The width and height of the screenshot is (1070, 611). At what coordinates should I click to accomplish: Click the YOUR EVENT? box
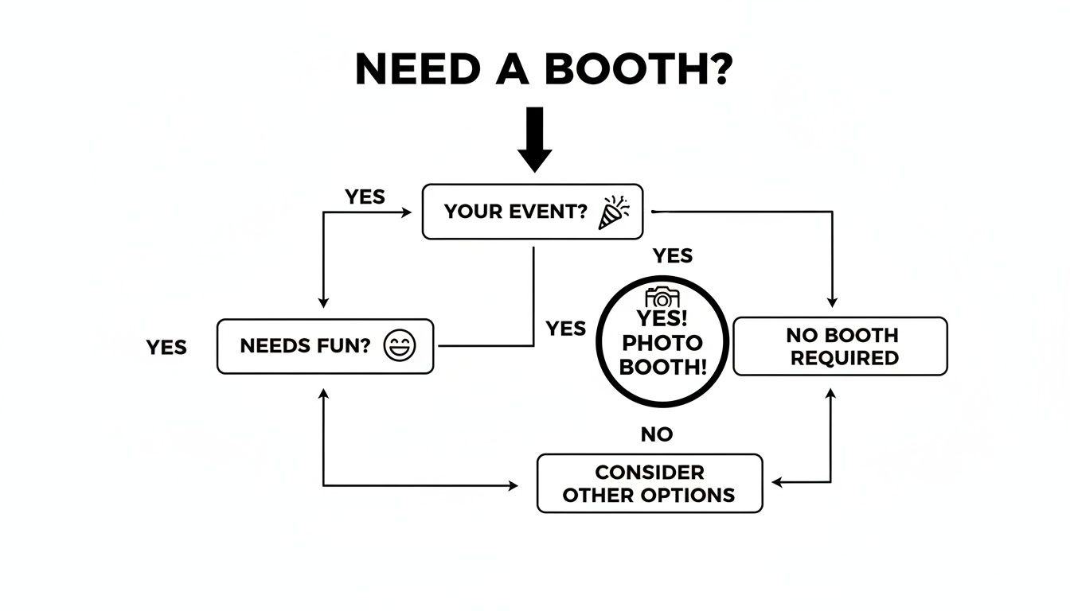[x=532, y=212]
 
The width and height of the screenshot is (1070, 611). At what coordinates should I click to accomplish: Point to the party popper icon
[x=613, y=212]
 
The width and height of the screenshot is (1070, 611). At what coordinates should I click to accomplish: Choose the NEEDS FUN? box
[x=325, y=346]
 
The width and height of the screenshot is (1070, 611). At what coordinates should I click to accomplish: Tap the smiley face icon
[x=400, y=346]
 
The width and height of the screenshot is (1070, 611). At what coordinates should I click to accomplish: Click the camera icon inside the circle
[x=662, y=298]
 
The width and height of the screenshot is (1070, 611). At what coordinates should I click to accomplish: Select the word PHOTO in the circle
[x=662, y=344]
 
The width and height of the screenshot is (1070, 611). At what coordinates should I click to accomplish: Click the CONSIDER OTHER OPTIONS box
[x=649, y=483]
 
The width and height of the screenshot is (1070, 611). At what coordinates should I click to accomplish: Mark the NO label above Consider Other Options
[x=657, y=434]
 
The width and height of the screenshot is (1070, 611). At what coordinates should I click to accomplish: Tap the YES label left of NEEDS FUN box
[x=166, y=348]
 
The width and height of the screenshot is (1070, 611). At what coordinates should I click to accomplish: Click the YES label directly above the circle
[x=673, y=255]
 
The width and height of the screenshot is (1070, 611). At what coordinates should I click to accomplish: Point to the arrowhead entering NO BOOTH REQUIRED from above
[x=832, y=303]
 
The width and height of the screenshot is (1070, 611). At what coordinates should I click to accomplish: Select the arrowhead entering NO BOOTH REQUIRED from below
[x=832, y=393]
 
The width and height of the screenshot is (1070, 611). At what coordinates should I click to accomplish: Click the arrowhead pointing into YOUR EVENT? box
[x=407, y=212]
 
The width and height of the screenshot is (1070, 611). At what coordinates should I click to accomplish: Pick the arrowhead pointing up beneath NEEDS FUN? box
[x=323, y=393]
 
